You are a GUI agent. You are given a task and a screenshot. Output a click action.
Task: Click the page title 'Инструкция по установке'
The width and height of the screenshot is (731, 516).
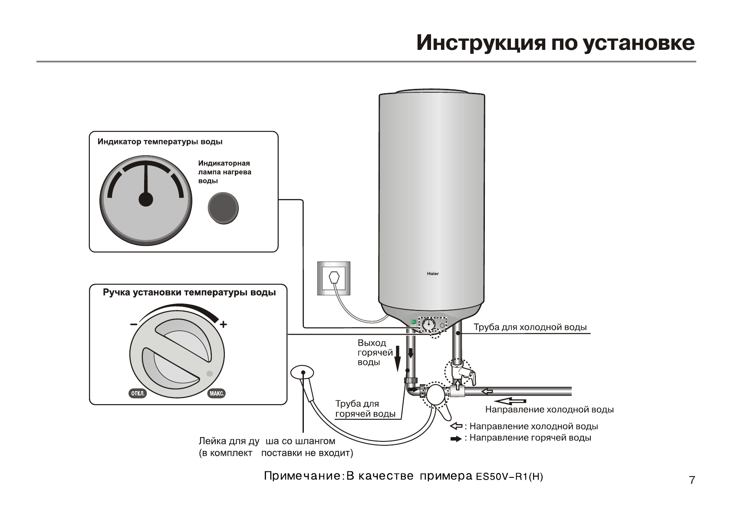pyautogui.click(x=555, y=42)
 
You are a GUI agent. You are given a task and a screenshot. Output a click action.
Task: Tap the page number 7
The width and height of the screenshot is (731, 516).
pyautogui.click(x=692, y=480)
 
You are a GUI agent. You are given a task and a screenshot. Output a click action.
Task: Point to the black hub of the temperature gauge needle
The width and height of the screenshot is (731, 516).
pyautogui.click(x=146, y=199)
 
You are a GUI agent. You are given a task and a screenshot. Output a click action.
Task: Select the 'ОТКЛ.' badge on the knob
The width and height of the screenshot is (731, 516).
pyautogui.click(x=138, y=394)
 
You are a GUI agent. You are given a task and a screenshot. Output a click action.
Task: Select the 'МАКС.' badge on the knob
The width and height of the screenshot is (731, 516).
pyautogui.click(x=217, y=394)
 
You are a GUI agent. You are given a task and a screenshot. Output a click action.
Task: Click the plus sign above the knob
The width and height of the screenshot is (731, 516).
pyautogui.click(x=223, y=324)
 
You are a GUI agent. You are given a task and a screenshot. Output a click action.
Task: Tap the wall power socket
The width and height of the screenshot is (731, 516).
pyautogui.click(x=333, y=278)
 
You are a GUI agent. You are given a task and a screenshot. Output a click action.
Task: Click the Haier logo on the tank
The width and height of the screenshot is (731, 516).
pyautogui.click(x=432, y=274)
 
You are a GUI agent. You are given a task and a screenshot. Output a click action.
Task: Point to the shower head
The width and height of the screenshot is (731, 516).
pyautogui.click(x=302, y=372)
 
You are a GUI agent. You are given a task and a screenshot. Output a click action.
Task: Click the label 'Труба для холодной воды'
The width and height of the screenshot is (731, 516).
pyautogui.click(x=530, y=327)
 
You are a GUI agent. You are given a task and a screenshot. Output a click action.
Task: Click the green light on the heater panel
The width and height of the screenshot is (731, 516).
pyautogui.click(x=414, y=322)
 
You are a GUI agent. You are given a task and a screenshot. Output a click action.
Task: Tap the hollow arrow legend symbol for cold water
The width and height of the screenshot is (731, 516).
pyautogui.click(x=456, y=426)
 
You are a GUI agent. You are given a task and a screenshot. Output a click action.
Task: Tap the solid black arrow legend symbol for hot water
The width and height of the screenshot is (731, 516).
pyautogui.click(x=456, y=438)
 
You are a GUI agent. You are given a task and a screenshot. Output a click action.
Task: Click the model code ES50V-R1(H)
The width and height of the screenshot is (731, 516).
pyautogui.click(x=509, y=477)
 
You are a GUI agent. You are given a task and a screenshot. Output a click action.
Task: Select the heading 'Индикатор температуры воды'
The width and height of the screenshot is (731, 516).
pyautogui.click(x=160, y=142)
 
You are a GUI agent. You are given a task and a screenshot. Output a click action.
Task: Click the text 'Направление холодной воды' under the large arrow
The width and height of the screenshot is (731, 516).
pyautogui.click(x=549, y=409)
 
